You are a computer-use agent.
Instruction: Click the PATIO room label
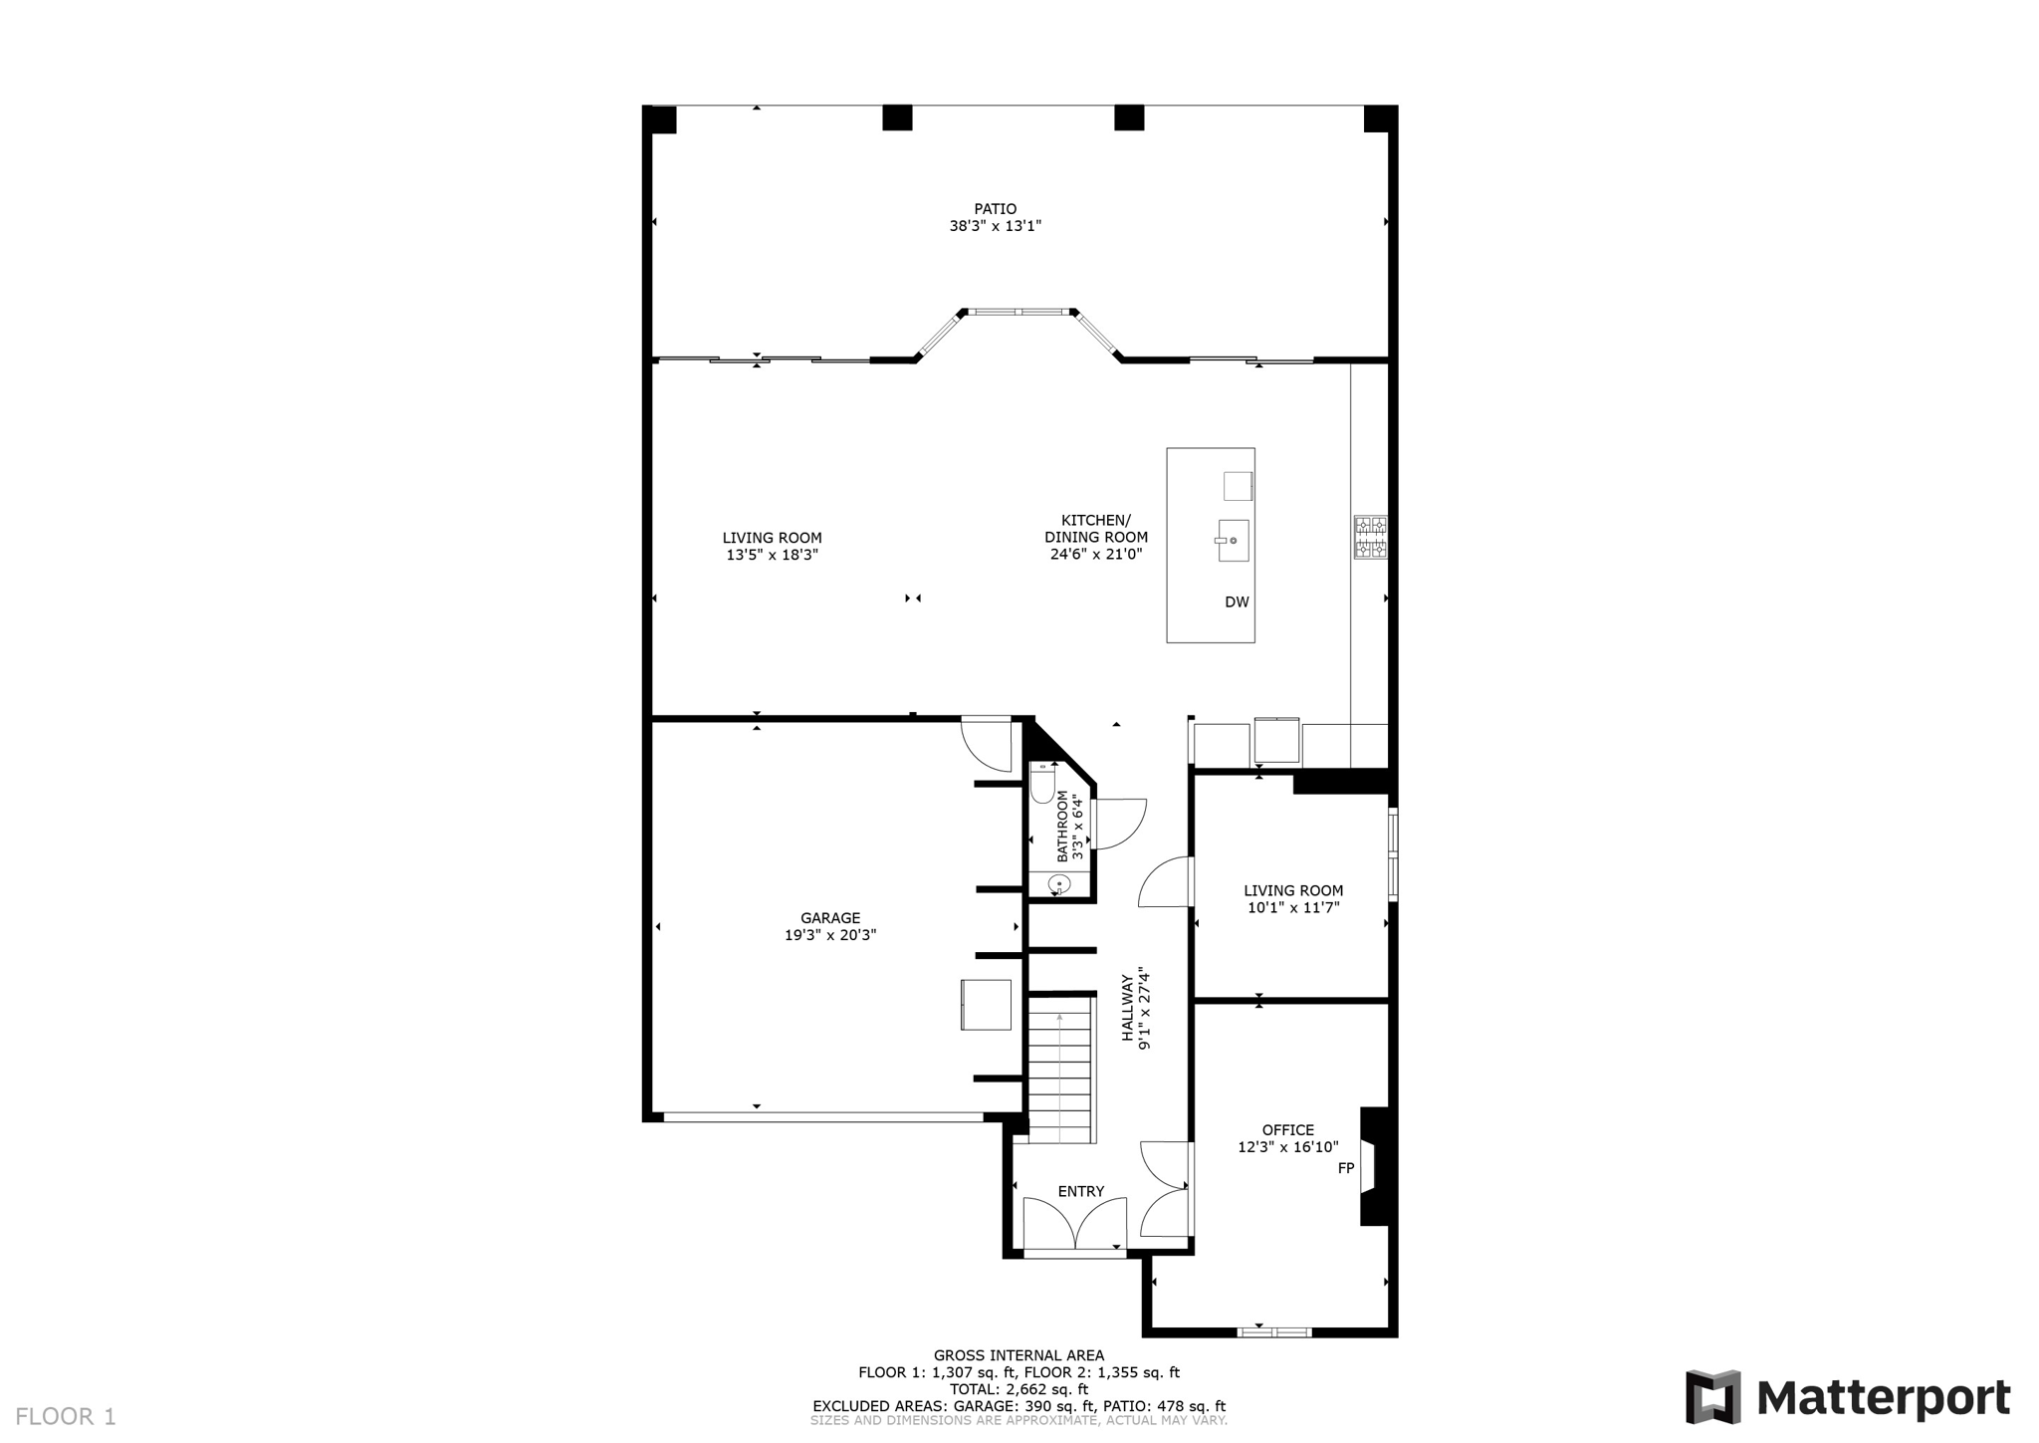coord(995,209)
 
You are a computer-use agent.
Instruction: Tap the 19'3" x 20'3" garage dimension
coord(829,935)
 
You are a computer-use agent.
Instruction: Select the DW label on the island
coord(1236,602)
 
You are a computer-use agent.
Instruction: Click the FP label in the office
coord(1345,1168)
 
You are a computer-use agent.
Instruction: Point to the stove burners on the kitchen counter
coord(1370,537)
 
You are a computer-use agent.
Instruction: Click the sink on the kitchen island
coord(1233,540)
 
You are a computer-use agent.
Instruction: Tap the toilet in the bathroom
coord(1042,786)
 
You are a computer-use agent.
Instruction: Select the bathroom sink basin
coord(1059,883)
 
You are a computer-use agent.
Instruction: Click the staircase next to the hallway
coord(1060,1076)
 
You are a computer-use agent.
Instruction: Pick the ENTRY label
coord(1080,1191)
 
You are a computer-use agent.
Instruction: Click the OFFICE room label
coord(1287,1129)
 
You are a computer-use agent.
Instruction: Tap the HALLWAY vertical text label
coord(1128,1008)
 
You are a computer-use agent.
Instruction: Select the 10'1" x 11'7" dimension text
coord(1292,907)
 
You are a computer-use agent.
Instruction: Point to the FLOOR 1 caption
coord(66,1416)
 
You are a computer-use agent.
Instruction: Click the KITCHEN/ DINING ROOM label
coord(1095,529)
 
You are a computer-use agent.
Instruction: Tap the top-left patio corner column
coord(660,120)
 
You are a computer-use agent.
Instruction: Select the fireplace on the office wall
coord(1374,1166)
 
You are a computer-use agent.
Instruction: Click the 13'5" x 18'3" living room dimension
coord(772,555)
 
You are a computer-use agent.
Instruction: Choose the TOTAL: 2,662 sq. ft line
coord(1019,1389)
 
